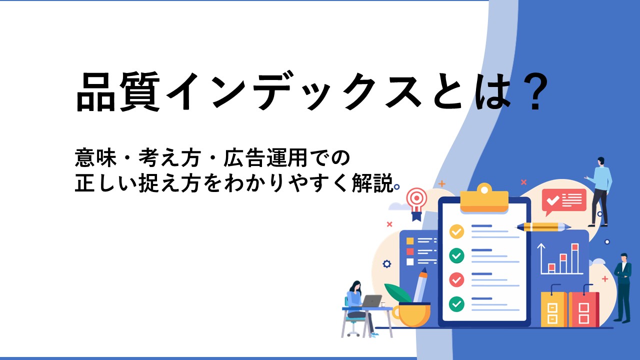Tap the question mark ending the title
click(533, 91)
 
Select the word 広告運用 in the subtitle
click(265, 158)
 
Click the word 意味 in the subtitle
click(95, 158)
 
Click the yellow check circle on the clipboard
click(456, 231)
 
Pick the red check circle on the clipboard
click(456, 279)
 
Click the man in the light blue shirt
click(599, 191)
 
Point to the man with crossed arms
click(623, 287)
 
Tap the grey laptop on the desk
click(371, 301)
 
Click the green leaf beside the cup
click(398, 293)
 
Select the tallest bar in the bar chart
click(575, 258)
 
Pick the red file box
click(583, 309)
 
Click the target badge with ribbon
click(417, 203)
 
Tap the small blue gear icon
click(386, 263)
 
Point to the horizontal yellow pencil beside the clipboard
click(543, 227)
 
